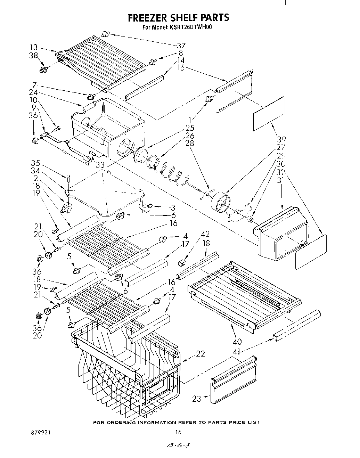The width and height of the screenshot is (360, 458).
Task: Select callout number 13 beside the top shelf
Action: (34, 48)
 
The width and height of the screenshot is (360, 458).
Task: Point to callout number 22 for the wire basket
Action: (201, 354)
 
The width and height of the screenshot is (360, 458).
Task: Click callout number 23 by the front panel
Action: (197, 399)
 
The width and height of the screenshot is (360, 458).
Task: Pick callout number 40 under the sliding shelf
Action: (237, 341)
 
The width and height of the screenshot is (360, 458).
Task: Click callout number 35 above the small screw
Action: (35, 163)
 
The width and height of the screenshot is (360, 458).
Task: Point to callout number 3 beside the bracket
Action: (173, 208)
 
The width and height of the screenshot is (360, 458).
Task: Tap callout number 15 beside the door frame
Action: (181, 68)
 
